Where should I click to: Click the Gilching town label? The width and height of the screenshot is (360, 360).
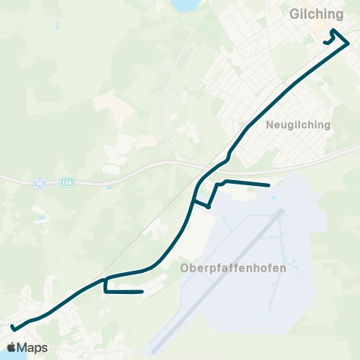coord(316,14)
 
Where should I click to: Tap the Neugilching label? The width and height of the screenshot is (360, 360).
coord(298,125)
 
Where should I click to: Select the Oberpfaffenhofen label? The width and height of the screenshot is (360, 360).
coord(223,268)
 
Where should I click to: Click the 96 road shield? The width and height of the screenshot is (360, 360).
coord(40,182)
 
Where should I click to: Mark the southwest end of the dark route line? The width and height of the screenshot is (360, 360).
coord(13,327)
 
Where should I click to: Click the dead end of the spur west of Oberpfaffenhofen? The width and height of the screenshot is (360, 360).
coord(142,292)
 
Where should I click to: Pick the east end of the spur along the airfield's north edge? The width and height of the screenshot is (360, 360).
coord(268,184)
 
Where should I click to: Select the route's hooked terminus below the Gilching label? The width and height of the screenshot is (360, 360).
coord(325,43)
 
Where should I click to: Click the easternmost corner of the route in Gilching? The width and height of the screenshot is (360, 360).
coord(349,43)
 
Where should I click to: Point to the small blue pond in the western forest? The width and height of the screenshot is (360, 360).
coord(43,218)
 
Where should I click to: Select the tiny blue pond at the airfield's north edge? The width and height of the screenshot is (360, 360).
coord(273,199)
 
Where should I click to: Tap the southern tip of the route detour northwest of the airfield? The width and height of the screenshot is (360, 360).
coord(208,206)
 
